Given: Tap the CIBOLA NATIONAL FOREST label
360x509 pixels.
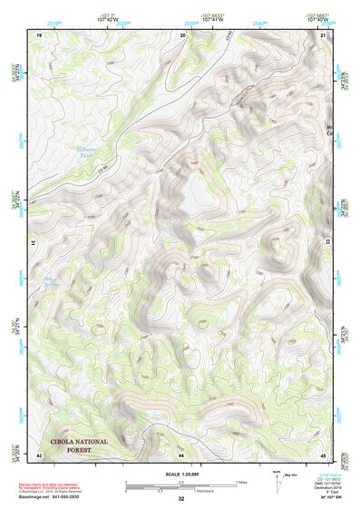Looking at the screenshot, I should [x=79, y=445].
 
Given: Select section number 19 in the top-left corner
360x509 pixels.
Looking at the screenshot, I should [x=39, y=34].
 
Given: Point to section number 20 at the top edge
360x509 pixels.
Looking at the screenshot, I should [x=184, y=34].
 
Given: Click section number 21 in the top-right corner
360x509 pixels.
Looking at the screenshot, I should [x=324, y=34].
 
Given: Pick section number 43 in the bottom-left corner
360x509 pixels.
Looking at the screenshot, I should [x=39, y=455].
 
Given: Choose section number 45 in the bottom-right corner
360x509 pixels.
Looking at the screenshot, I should [x=324, y=455].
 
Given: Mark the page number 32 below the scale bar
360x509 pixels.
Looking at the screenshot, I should [x=181, y=499].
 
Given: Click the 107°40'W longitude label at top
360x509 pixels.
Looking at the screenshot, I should [x=316, y=18].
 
